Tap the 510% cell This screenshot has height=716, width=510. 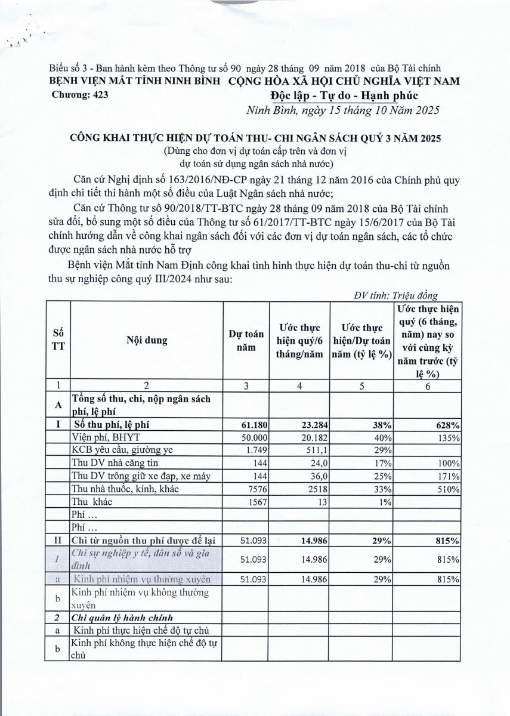(x=449, y=489)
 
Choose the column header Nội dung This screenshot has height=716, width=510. (x=146, y=341)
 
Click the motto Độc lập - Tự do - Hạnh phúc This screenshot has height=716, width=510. (x=344, y=96)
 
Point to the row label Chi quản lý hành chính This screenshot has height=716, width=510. (x=126, y=617)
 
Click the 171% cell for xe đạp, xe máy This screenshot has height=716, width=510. (x=449, y=476)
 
